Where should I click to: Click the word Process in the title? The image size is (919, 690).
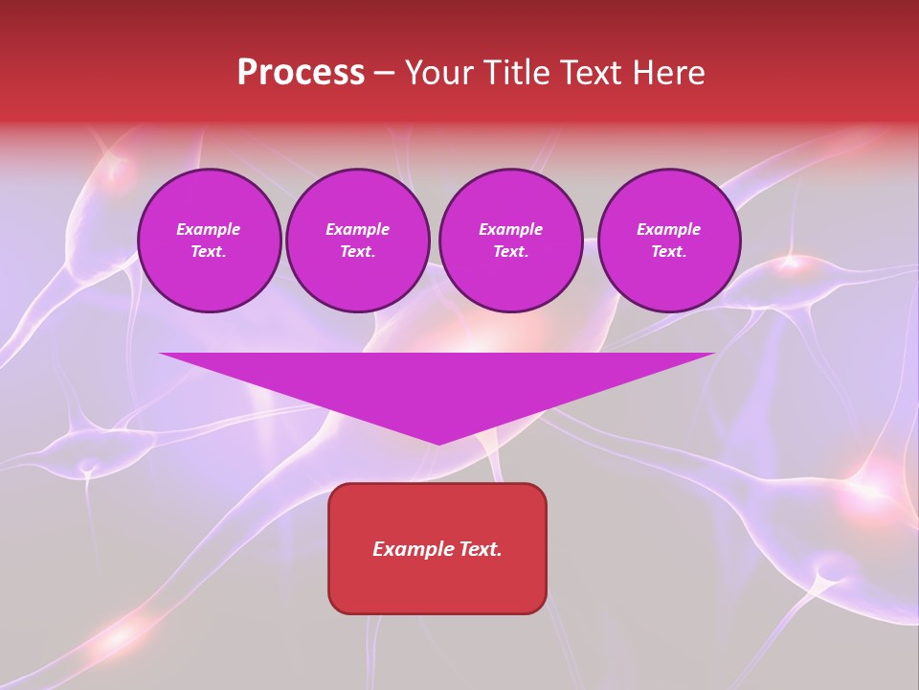pos(301,73)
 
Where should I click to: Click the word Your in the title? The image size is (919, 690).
pos(439,73)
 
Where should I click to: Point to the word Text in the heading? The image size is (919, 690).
pos(590,73)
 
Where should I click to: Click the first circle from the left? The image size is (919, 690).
pos(209,241)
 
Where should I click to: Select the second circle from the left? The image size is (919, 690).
pos(357,241)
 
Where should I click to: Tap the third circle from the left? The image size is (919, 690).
pos(510,241)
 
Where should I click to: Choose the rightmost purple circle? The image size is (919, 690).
pos(668,241)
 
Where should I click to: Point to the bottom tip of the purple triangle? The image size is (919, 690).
pos(438,444)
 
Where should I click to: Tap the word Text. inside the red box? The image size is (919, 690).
pos(482,549)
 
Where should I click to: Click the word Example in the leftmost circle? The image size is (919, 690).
pos(209,229)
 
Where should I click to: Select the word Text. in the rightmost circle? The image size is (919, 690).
pos(668,252)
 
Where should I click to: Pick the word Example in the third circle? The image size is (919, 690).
pos(510,229)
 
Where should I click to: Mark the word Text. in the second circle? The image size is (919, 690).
pos(357,252)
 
